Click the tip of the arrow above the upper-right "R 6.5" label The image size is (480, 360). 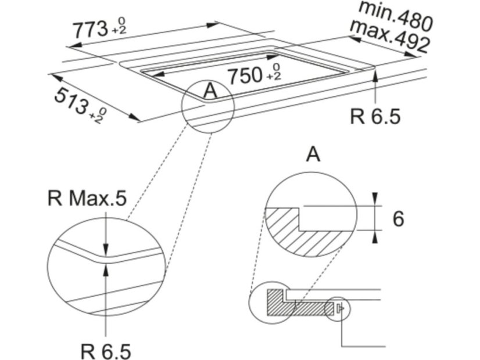(x=376, y=69)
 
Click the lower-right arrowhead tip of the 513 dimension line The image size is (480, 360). (x=141, y=121)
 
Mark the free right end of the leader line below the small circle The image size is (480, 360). (x=385, y=347)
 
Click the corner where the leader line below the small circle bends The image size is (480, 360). (x=342, y=347)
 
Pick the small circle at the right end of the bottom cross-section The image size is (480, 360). (x=338, y=309)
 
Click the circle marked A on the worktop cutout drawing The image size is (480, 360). (x=208, y=107)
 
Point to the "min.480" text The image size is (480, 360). (x=396, y=15)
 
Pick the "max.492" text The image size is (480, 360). (x=389, y=36)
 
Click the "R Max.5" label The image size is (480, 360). (x=87, y=198)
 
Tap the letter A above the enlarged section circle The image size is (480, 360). (x=313, y=154)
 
